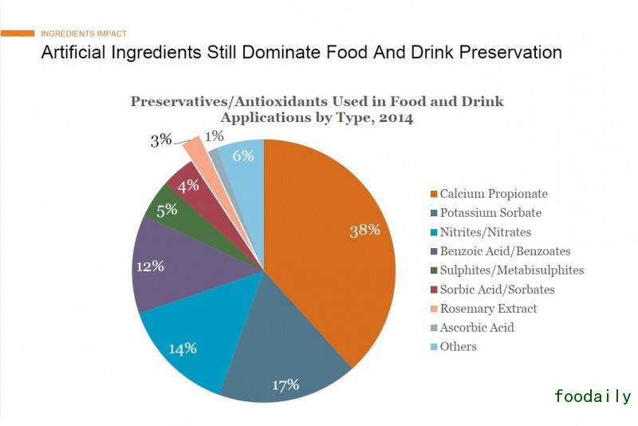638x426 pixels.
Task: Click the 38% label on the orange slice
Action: [x=365, y=231]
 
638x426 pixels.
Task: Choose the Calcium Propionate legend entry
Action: [x=494, y=194]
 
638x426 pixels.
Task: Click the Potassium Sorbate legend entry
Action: [x=490, y=213]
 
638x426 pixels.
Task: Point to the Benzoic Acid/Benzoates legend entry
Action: [x=505, y=251]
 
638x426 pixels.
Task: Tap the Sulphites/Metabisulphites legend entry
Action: [x=511, y=270]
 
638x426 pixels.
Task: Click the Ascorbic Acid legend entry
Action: [x=477, y=328]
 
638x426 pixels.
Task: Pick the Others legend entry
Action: [x=458, y=347]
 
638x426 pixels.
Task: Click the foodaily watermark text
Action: [x=592, y=396]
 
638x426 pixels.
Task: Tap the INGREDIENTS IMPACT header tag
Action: [x=83, y=34]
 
